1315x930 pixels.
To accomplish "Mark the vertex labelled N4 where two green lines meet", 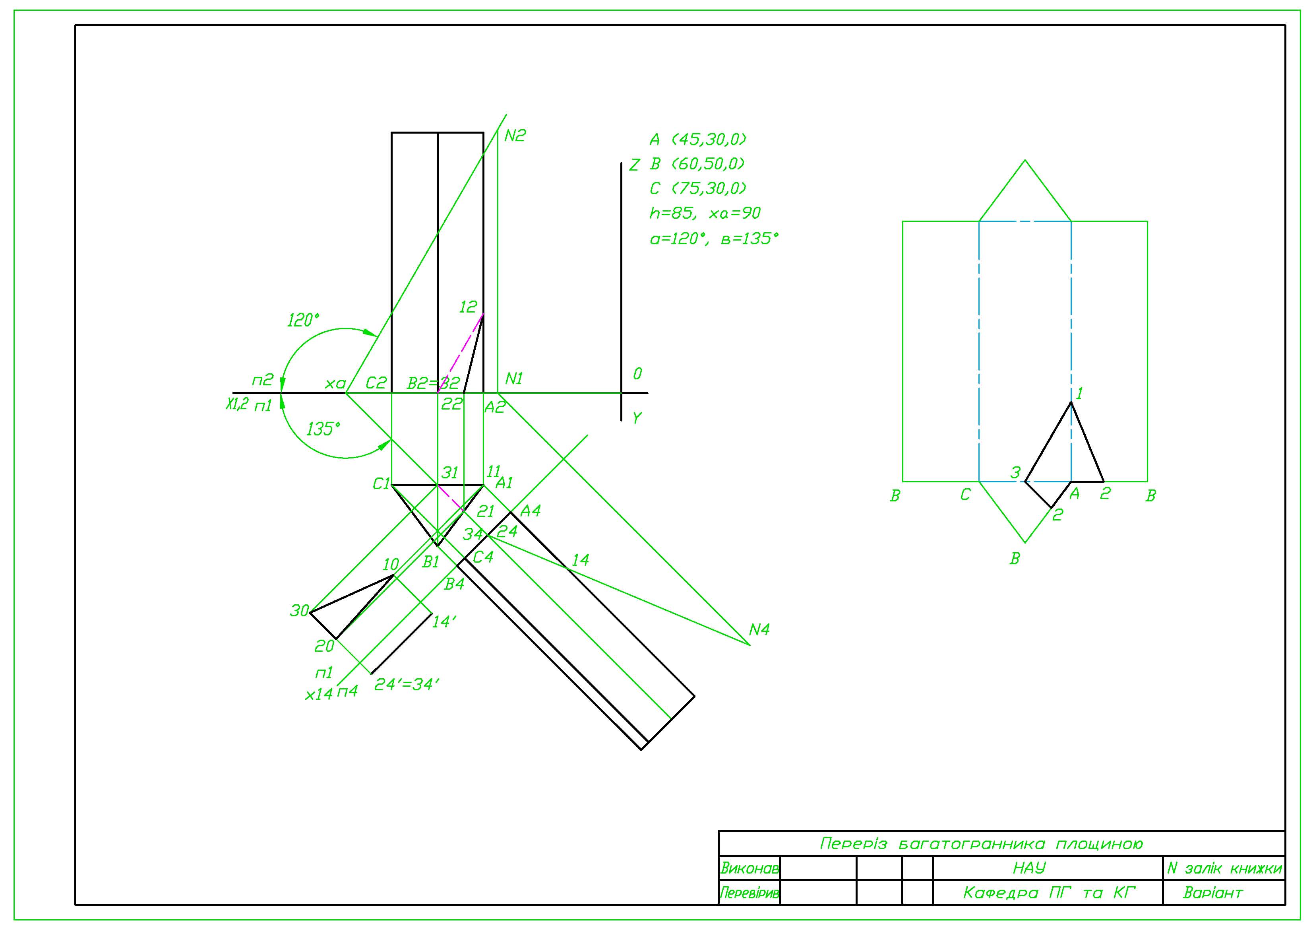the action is tap(750, 645).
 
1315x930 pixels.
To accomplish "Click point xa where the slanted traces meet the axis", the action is tap(345, 393).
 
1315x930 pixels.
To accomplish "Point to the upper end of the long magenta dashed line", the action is tap(483, 314).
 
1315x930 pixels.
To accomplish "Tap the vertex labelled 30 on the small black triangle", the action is tap(310, 613).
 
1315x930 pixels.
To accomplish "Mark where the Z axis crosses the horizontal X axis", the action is tap(622, 393).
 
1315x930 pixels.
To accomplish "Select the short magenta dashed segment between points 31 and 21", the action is tap(451, 497).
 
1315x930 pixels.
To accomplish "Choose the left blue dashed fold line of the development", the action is tap(979, 351).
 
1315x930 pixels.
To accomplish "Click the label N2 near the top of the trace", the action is tap(515, 136).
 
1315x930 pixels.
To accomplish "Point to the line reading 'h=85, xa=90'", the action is tap(705, 213).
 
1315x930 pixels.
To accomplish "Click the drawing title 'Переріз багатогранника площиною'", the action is tap(981, 843).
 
